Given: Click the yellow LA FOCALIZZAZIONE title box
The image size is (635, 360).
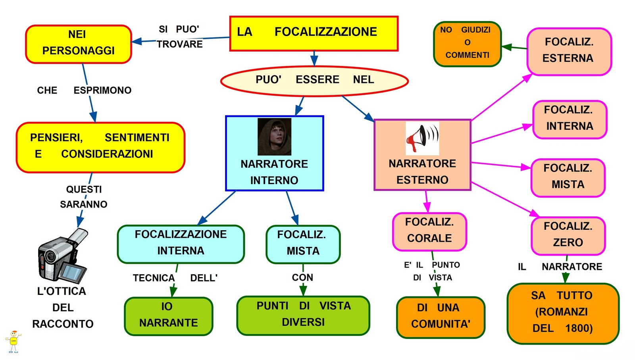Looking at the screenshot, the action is pos(314,33).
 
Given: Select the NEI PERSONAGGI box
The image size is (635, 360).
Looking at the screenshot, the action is pos(79,44).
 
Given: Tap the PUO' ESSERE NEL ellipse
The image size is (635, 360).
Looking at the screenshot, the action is pos(314,81).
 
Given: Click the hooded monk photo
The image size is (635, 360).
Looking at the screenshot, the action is pos(274,137).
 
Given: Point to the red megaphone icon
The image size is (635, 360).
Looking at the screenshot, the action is pos(422,139).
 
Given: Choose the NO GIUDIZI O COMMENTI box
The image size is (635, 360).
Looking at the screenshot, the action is pos(468,44).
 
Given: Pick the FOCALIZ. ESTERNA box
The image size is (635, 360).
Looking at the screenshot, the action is pos(569,52).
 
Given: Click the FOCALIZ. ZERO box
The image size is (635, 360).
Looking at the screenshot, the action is pos(568,236).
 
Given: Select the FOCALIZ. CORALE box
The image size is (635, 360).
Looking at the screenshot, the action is pos(429,231).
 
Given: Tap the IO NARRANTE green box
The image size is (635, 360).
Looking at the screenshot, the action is pos(168,316).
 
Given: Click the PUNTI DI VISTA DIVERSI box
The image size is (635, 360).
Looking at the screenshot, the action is pos(303,316).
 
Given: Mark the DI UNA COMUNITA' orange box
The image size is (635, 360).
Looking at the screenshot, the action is pos(441,318).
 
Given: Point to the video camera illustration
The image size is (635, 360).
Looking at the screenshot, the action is pos(63,256).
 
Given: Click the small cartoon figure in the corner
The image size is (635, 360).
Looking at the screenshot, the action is pos(13,342).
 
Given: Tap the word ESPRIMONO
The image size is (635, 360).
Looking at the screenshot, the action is pos(102,90).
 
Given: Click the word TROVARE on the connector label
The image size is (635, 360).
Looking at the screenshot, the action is pos(180,44).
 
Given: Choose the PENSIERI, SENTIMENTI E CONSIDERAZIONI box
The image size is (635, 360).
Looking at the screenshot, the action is pos(101,147).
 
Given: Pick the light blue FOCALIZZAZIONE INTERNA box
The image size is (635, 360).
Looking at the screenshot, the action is pos(181,244).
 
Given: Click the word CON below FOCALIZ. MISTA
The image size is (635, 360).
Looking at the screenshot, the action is pos(302,277).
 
